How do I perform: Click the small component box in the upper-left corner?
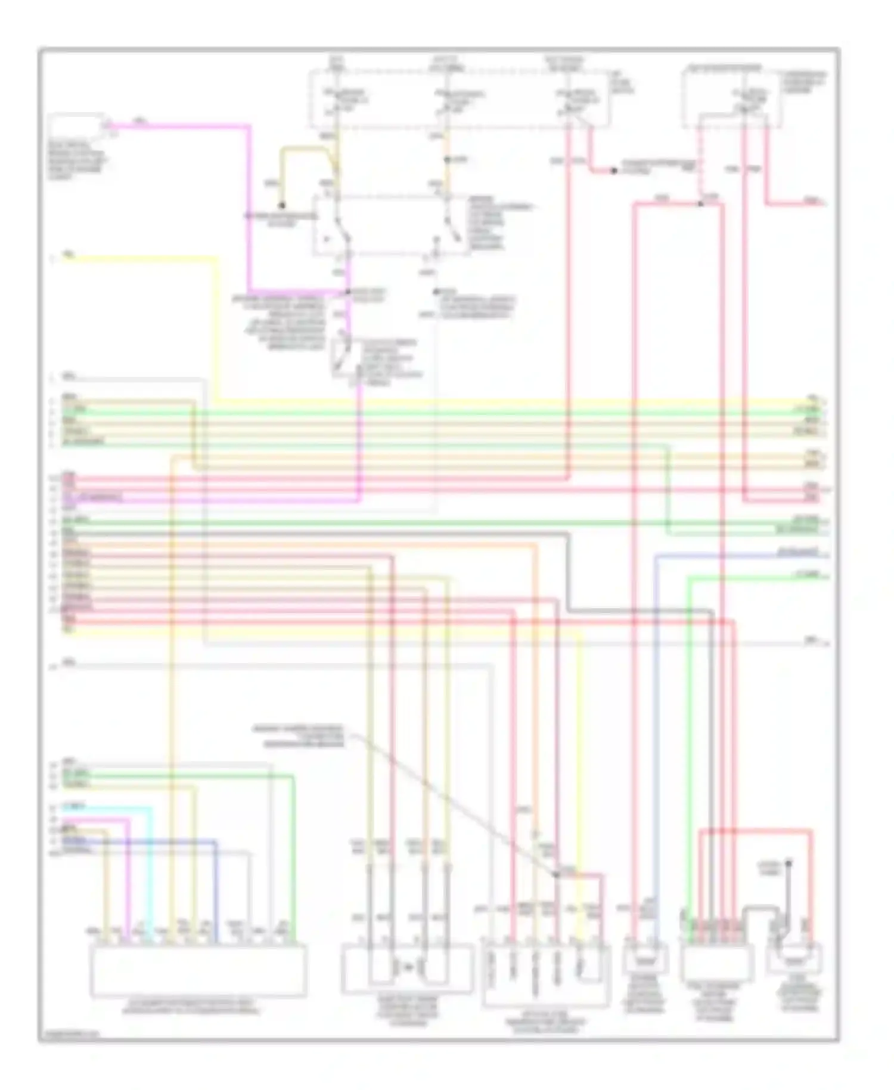click(x=77, y=126)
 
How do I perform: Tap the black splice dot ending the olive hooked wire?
click(x=283, y=205)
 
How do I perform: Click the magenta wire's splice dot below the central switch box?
click(x=348, y=292)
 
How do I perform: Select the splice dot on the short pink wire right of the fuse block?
click(x=613, y=171)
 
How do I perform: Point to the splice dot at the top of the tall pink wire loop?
click(x=701, y=204)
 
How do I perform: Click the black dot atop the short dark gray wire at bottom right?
click(x=788, y=863)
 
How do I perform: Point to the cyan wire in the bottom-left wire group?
click(x=150, y=865)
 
